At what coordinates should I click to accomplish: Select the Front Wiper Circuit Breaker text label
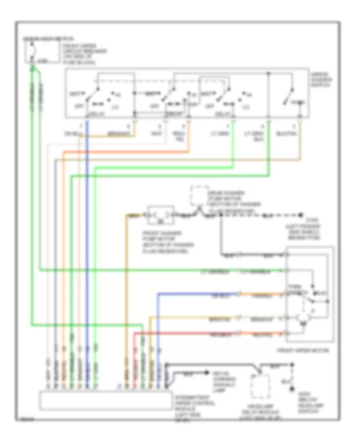pos(84,54)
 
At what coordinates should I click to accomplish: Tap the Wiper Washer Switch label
pos(321,80)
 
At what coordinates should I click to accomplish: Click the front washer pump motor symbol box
pos(160,215)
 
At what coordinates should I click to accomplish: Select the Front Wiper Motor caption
pos(302,351)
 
